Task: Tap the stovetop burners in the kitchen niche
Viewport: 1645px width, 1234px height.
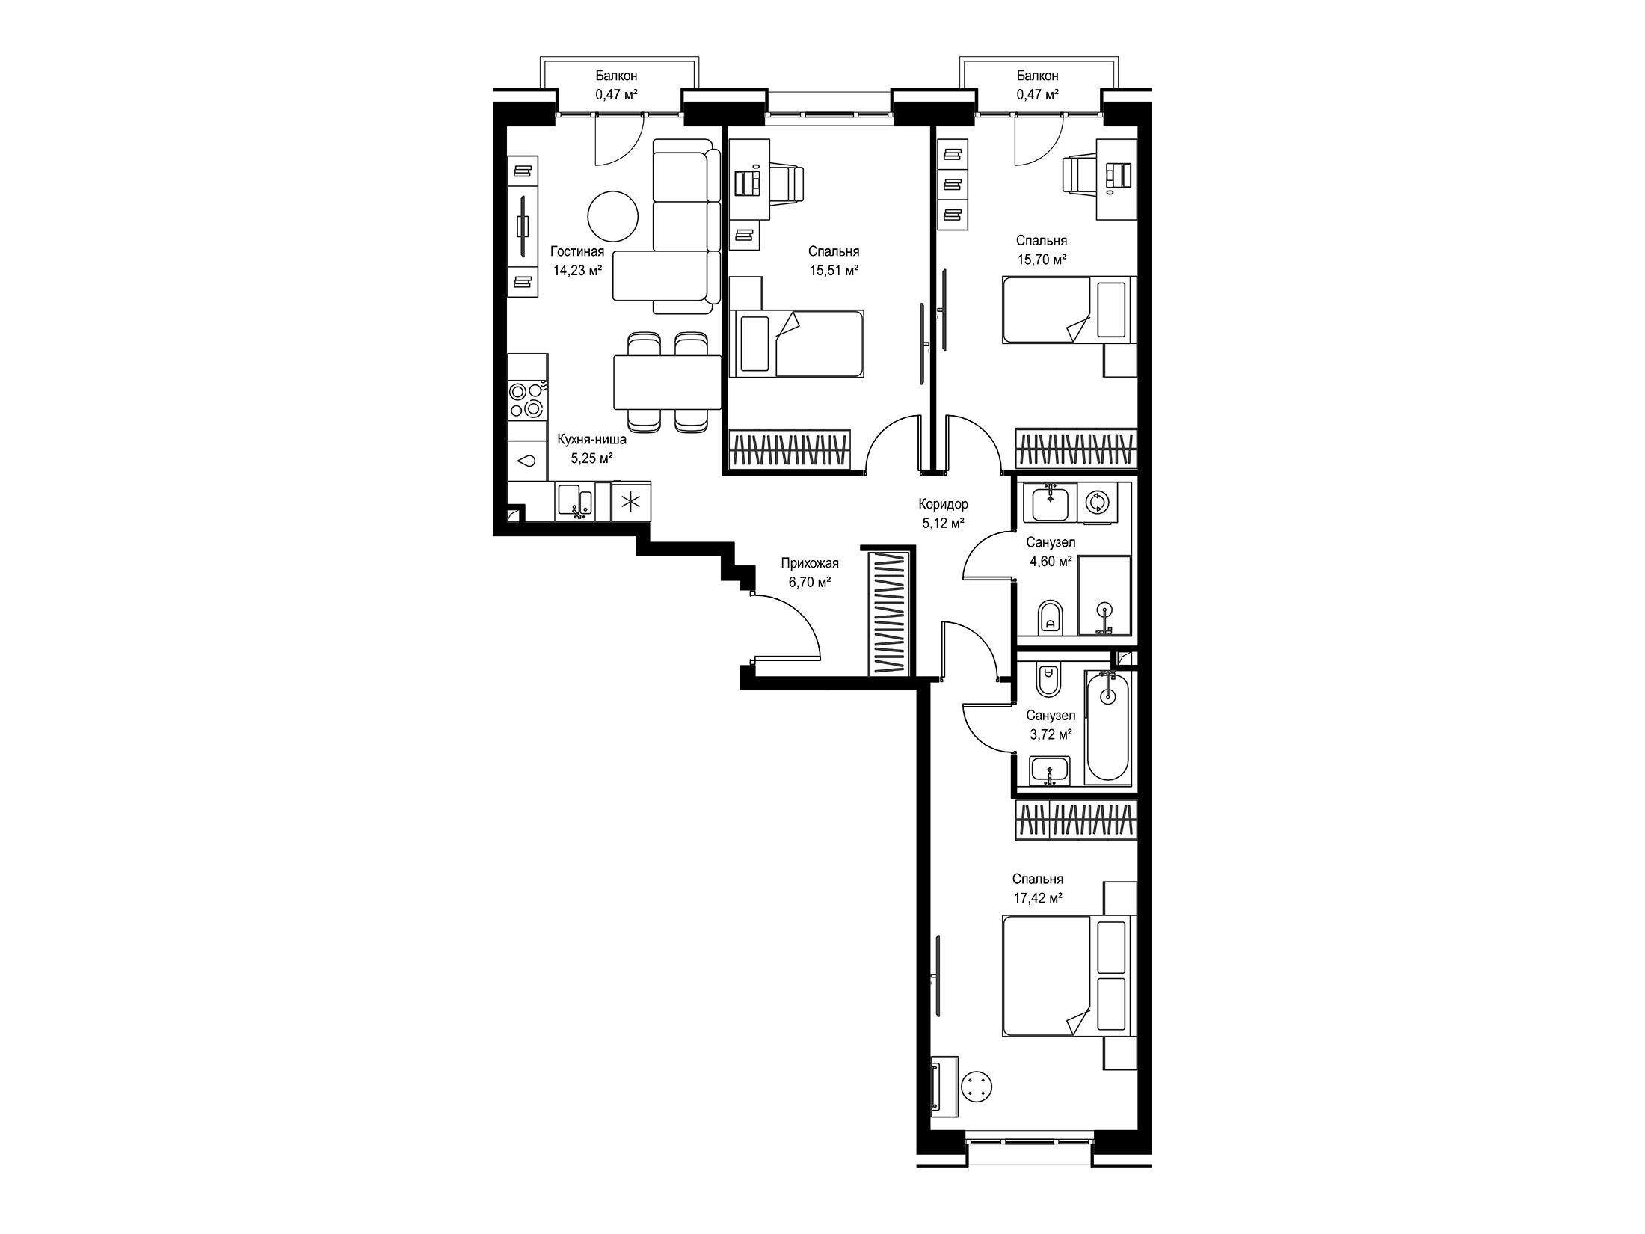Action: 527,400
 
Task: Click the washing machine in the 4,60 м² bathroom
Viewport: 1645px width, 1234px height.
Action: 1096,501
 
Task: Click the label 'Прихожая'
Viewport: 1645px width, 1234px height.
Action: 810,563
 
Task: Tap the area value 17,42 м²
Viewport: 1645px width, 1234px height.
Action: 1038,898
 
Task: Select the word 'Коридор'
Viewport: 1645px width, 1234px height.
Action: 943,504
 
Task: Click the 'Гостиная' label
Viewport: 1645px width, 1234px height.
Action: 577,251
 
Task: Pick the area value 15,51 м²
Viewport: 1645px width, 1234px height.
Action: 833,271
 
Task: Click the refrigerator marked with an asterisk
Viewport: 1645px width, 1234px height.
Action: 631,500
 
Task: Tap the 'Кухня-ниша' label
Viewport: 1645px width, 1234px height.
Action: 592,440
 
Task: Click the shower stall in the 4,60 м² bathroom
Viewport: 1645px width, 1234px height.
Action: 1104,595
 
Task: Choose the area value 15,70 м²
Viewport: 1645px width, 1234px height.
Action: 1041,260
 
